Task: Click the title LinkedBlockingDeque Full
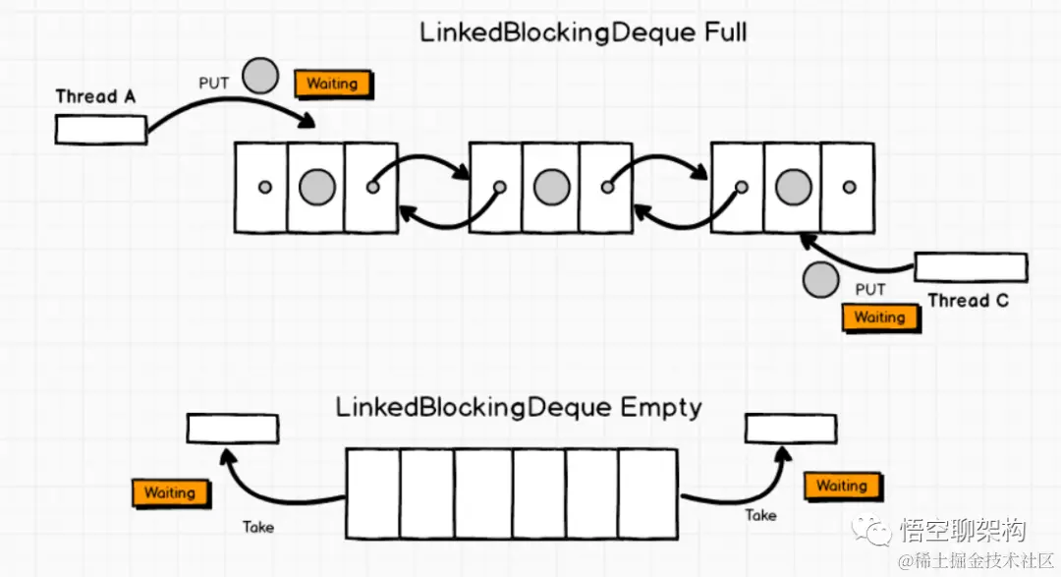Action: click(583, 31)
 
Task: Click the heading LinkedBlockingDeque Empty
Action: click(519, 407)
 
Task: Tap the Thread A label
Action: click(95, 96)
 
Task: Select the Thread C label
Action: click(968, 300)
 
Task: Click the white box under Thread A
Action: click(101, 130)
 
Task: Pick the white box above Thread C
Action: click(971, 267)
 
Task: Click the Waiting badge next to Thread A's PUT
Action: click(332, 84)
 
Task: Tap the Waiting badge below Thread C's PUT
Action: click(879, 317)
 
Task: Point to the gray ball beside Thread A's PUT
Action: click(260, 76)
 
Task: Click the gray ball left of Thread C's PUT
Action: click(820, 281)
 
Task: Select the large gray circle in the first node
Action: click(316, 187)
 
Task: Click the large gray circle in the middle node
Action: click(551, 187)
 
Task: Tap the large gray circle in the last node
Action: click(792, 187)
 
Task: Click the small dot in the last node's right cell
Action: click(849, 187)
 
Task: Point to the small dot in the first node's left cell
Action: click(263, 187)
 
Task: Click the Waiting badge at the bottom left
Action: click(169, 492)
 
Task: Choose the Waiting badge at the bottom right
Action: click(842, 486)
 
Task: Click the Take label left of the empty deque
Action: click(258, 527)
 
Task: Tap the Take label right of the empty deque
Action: click(760, 515)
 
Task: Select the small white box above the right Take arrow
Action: click(791, 429)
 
